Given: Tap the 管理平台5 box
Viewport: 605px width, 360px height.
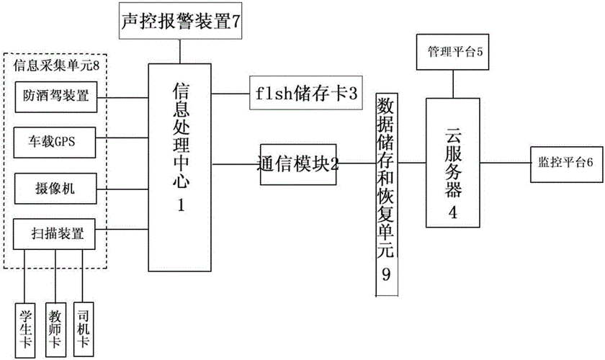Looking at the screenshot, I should pos(453,51).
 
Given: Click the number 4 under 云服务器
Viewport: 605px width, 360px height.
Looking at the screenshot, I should pos(452,212).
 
